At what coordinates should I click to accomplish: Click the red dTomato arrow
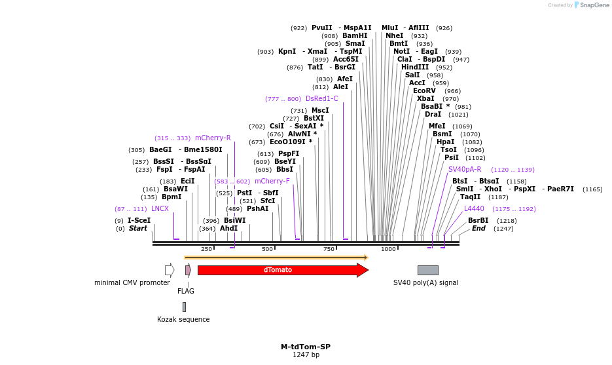(x=278, y=270)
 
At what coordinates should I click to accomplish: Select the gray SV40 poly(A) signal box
(x=428, y=270)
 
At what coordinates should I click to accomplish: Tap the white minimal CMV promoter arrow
(x=170, y=270)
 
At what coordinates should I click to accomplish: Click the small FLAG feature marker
(x=188, y=270)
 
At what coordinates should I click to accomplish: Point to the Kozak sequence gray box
(x=184, y=307)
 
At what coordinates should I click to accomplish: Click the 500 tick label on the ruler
(x=267, y=249)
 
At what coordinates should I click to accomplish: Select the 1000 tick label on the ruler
(x=388, y=249)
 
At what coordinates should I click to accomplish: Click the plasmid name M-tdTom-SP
(x=306, y=347)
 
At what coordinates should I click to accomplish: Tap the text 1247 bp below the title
(x=306, y=355)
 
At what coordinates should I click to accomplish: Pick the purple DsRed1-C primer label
(x=321, y=99)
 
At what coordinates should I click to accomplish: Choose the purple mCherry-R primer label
(x=213, y=138)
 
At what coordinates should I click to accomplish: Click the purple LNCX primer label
(x=160, y=209)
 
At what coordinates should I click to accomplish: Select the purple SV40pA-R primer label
(x=465, y=169)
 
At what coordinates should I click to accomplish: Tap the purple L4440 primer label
(x=474, y=209)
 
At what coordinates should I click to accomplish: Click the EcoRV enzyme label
(x=424, y=91)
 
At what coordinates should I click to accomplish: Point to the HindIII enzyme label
(x=415, y=67)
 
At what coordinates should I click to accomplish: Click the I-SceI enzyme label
(x=139, y=221)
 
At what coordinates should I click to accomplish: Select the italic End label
(x=478, y=229)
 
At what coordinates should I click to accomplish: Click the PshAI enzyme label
(x=257, y=209)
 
